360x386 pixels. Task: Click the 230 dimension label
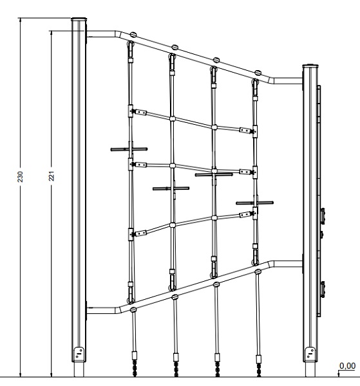[20, 176]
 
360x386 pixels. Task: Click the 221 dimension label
[52, 176]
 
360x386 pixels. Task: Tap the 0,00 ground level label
[347, 366]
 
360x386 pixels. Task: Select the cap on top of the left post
[79, 19]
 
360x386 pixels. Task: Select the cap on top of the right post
[310, 66]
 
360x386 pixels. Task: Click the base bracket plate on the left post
[79, 354]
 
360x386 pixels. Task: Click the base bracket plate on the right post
[310, 354]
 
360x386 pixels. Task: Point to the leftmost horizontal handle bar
[129, 149]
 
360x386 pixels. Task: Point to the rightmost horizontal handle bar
[254, 203]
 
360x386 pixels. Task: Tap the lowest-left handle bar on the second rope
[171, 188]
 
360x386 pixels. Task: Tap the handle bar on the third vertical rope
[214, 174]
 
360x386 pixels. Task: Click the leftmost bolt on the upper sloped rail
[133, 35]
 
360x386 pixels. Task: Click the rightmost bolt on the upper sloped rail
[258, 73]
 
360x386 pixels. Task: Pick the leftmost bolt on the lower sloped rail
[133, 309]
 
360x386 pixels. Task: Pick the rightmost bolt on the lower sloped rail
[258, 271]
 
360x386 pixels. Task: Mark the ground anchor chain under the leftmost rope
[135, 368]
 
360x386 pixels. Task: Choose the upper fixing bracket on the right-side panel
[322, 216]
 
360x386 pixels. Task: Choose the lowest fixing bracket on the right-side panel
[322, 289]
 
